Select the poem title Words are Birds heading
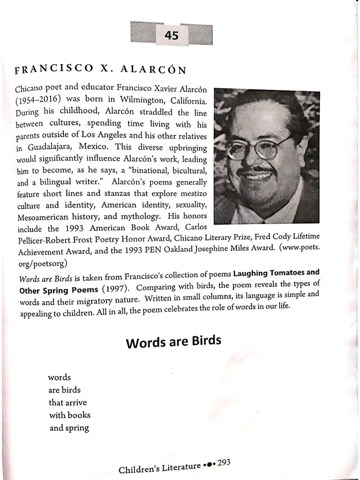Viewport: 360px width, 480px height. (x=173, y=342)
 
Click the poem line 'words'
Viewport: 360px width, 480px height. (x=59, y=377)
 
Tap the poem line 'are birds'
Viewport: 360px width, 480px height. (x=65, y=390)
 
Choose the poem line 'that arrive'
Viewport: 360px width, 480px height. (x=68, y=403)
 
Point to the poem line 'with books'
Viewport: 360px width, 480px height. (x=70, y=415)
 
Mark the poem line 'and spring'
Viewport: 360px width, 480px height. (x=69, y=428)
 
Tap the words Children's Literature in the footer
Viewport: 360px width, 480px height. (x=159, y=467)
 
